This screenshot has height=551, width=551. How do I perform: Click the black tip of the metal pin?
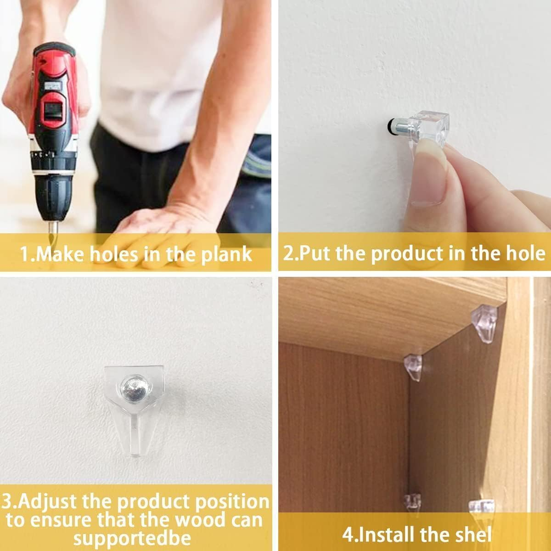[x=390, y=125]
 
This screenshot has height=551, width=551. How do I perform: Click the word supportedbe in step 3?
[x=132, y=538]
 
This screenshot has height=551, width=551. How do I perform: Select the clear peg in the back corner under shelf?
[x=413, y=367]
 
